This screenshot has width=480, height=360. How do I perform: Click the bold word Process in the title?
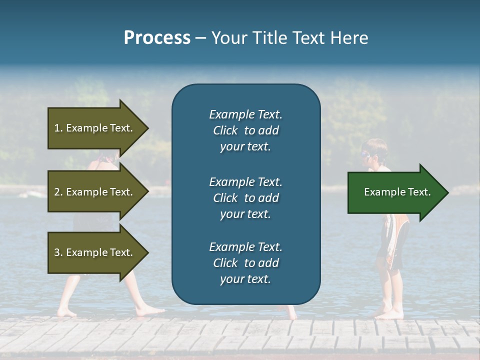point(157,38)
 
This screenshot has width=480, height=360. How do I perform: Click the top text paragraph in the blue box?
point(245,130)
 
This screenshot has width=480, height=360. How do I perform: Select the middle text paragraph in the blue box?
point(245,198)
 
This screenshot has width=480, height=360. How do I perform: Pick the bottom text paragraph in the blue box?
point(245,263)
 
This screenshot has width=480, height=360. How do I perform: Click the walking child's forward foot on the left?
point(150,310)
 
